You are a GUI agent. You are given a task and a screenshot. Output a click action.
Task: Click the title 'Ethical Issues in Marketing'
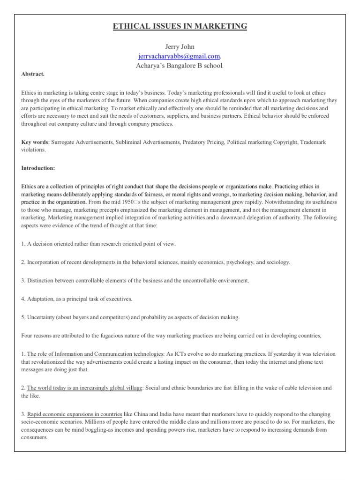[180, 26]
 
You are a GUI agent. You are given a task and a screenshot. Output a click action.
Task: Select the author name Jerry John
[180, 47]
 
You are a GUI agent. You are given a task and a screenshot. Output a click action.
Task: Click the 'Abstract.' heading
[32, 74]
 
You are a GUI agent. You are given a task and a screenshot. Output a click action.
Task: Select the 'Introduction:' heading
[37, 167]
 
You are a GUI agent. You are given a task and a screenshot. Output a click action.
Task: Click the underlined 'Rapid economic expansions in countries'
[75, 414]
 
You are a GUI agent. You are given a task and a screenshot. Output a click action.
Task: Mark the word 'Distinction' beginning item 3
[41, 280]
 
